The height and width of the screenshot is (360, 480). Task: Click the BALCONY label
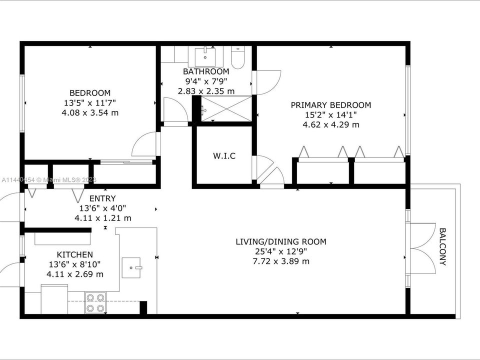click(x=443, y=246)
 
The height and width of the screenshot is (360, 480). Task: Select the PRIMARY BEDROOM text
click(x=331, y=105)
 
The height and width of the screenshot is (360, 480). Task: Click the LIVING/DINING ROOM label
click(x=281, y=242)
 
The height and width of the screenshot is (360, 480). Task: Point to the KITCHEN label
click(x=74, y=254)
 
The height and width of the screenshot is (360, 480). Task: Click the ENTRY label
click(x=102, y=198)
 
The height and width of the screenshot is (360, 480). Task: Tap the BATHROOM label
click(x=206, y=71)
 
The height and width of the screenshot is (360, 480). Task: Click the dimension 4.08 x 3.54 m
click(x=90, y=113)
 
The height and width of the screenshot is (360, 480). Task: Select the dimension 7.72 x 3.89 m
click(x=281, y=261)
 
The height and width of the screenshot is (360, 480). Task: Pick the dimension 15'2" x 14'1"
click(x=331, y=115)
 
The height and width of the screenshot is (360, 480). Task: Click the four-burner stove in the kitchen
click(x=95, y=302)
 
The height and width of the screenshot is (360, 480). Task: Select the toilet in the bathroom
click(x=237, y=57)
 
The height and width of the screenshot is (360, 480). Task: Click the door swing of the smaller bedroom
click(x=145, y=145)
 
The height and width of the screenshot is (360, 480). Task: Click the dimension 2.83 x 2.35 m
click(x=206, y=91)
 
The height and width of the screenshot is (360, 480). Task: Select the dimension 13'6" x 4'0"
click(x=102, y=208)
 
